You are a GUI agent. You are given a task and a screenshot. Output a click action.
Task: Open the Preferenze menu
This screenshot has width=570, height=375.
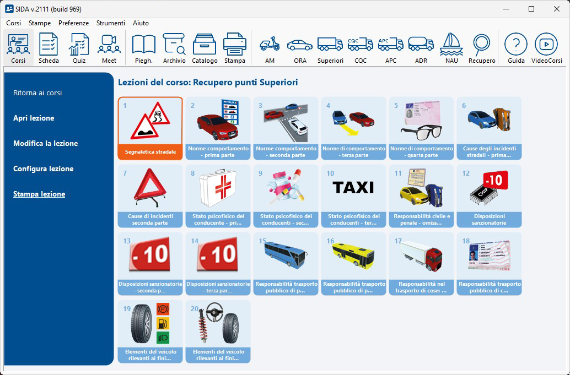coord(73,23)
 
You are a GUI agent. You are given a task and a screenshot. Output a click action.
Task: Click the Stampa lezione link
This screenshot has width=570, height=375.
coord(39,194)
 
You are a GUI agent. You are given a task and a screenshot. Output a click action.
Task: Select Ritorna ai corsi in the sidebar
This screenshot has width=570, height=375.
coord(37,93)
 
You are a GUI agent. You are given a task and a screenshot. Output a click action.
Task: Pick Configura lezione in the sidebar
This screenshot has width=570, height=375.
coord(43,169)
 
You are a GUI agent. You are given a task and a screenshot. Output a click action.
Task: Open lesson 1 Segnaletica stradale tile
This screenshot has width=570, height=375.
coord(150,128)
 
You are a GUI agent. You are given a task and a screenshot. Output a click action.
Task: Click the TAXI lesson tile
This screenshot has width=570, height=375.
coord(353,196)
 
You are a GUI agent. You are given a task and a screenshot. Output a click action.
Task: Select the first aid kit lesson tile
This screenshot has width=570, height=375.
coord(218,196)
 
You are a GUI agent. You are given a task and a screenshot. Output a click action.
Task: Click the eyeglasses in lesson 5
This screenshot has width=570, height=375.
coord(421,132)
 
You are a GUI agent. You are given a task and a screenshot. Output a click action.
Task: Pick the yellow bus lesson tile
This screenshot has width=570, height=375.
coord(353,264)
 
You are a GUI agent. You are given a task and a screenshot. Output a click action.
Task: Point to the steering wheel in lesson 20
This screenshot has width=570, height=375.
coord(215,311)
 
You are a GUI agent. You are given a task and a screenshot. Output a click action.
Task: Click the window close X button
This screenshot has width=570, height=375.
coord(557,9)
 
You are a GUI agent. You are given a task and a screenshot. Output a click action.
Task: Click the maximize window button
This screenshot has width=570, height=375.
coord(531,9)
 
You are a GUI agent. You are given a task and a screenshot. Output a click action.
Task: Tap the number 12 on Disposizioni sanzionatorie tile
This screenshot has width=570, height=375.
coord(466,173)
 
